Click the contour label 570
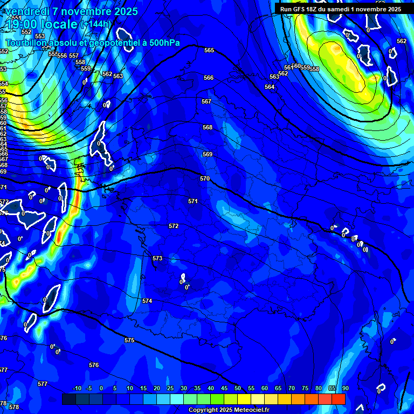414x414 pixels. tap(204, 178)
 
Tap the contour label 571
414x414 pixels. tap(193, 201)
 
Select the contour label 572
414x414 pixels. tap(174, 226)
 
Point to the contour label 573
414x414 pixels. tap(157, 259)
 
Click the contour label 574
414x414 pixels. tap(147, 301)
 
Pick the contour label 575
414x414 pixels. tap(129, 340)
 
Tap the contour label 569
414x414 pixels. tap(208, 154)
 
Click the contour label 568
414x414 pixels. tap(208, 127)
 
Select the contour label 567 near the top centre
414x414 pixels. tap(206, 101)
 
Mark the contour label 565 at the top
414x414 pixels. tap(209, 50)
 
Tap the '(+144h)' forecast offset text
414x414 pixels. tap(95, 24)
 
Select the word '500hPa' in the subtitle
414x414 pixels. tap(161, 43)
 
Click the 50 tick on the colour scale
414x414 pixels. tap(238, 389)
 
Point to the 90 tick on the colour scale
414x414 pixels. tap(345, 389)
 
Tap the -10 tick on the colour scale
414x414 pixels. tap(77, 389)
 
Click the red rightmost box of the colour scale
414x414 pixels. tap(338, 399)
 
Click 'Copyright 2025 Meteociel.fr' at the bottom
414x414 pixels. tap(229, 410)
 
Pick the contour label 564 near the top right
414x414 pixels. tap(270, 87)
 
